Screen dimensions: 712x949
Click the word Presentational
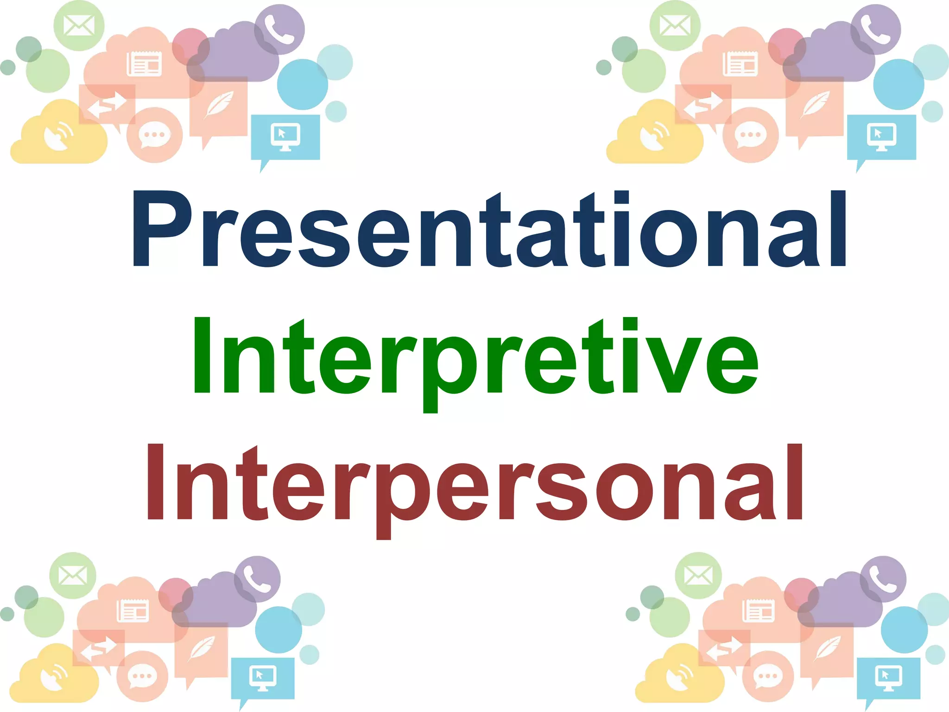click(x=489, y=229)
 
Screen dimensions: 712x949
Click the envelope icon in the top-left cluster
click(x=79, y=25)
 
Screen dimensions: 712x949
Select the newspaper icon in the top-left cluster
click(x=144, y=64)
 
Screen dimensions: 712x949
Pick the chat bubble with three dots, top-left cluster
click(x=154, y=135)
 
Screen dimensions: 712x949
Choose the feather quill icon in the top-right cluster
click(x=815, y=105)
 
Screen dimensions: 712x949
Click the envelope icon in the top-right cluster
click(x=675, y=25)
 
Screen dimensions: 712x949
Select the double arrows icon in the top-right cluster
click(x=703, y=105)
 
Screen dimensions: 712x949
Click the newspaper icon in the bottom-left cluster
click(x=133, y=610)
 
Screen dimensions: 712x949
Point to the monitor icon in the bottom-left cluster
click(x=263, y=677)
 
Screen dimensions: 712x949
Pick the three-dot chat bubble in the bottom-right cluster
click(x=767, y=676)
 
